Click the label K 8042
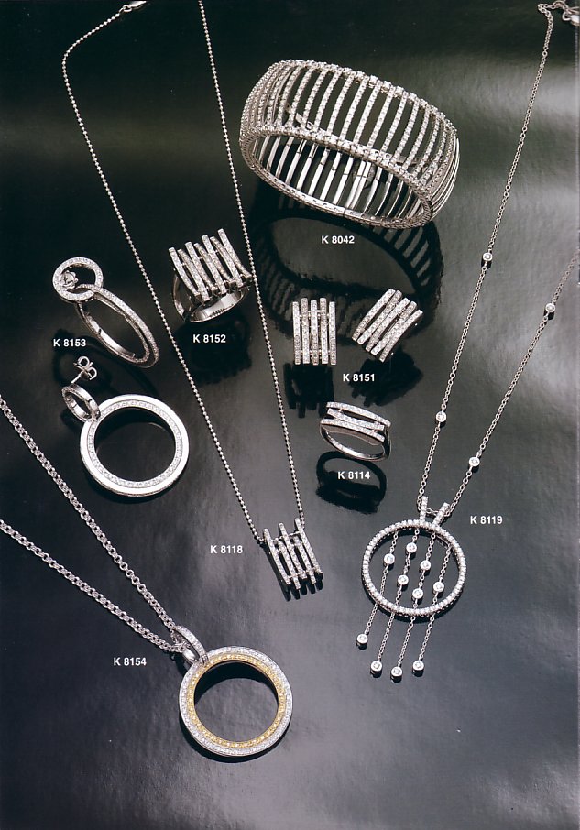click(x=337, y=239)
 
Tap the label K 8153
click(x=70, y=343)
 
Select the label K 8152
click(x=210, y=338)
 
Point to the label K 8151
click(x=359, y=377)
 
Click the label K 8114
click(x=354, y=475)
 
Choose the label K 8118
click(x=226, y=549)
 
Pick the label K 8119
click(x=487, y=519)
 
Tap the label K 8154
click(x=130, y=661)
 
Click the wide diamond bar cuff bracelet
click(x=349, y=143)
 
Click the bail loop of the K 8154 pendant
click(x=189, y=641)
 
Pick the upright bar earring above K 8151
click(x=313, y=332)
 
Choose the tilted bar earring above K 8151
click(x=387, y=323)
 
